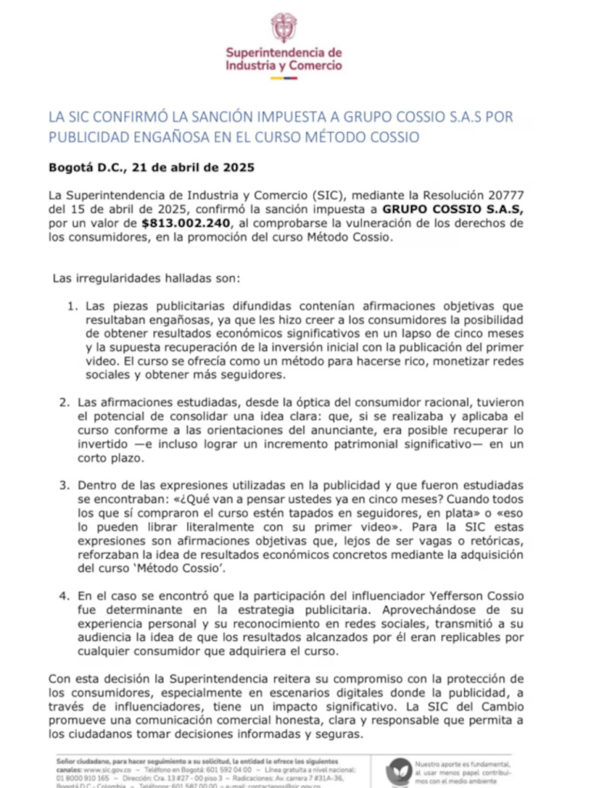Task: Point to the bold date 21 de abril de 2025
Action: (x=193, y=166)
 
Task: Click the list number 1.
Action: (x=71, y=306)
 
